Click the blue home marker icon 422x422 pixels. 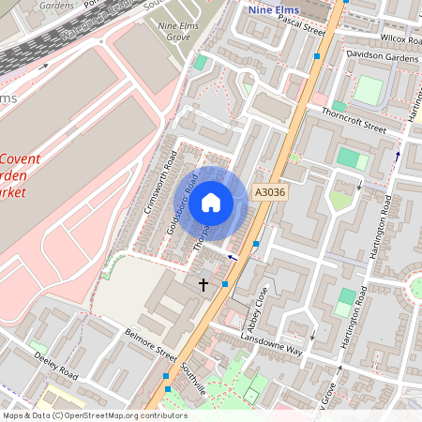211,203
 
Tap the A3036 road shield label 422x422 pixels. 269,192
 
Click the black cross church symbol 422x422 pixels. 203,282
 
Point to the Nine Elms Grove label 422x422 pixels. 183,31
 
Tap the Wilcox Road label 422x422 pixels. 402,38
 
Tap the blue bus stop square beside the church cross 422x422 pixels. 225,284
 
